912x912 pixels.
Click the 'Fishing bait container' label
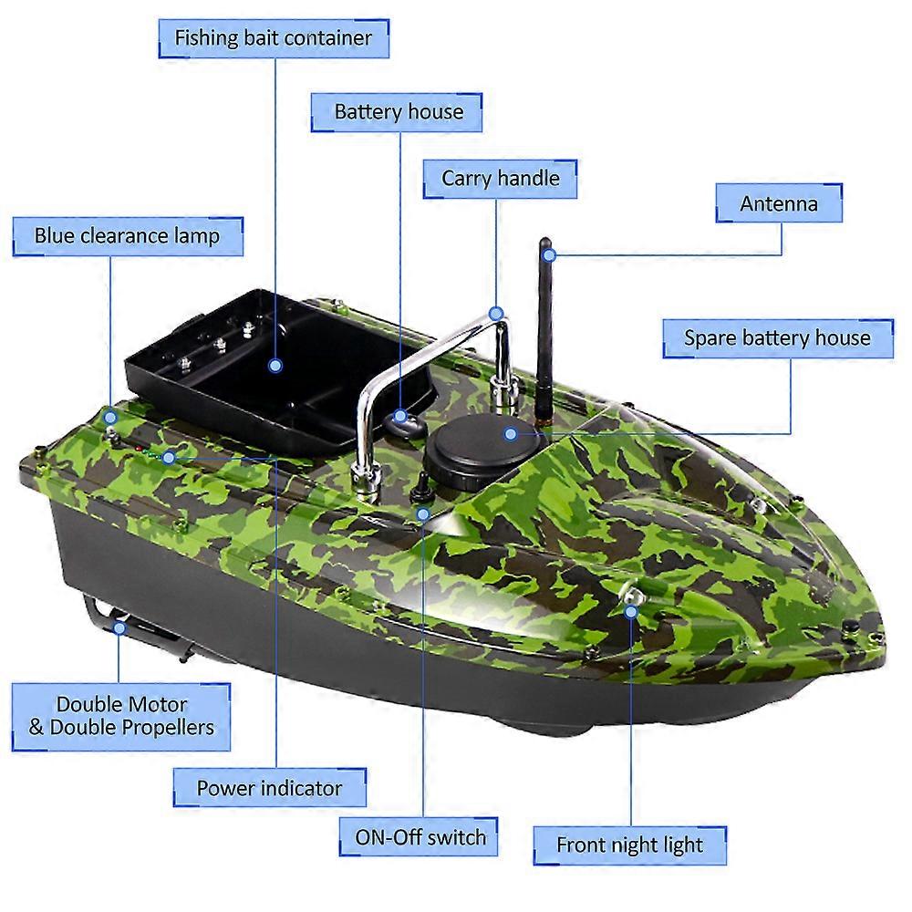coord(274,38)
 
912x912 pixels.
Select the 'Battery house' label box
coord(399,112)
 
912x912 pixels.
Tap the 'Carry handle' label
coord(500,178)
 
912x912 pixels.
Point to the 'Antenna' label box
coord(778,203)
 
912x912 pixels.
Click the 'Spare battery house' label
coord(777,337)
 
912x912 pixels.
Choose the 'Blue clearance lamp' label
coord(127,236)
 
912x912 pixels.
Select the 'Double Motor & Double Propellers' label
coord(121,716)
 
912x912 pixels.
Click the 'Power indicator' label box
coord(269,788)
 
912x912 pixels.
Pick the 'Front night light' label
coord(629,845)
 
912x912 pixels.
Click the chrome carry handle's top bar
coord(429,351)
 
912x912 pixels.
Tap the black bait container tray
coord(246,374)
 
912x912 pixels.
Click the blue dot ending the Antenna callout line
coord(546,254)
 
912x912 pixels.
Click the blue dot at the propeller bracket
coord(119,627)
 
